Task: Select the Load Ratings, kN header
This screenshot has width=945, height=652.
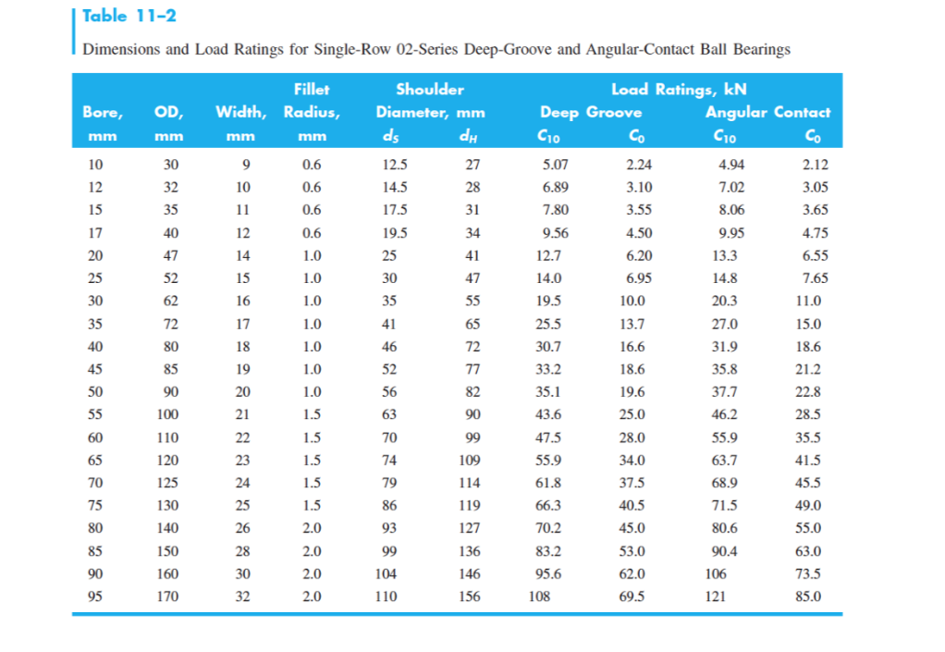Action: (680, 90)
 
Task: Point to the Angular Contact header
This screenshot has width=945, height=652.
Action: (767, 113)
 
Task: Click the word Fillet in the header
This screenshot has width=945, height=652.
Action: (312, 90)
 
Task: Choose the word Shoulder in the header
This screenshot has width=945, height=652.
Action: (430, 90)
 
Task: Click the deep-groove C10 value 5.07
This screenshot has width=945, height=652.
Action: (556, 166)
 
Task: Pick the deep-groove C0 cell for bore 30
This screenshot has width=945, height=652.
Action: (632, 301)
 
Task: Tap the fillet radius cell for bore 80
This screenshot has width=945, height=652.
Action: (312, 529)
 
